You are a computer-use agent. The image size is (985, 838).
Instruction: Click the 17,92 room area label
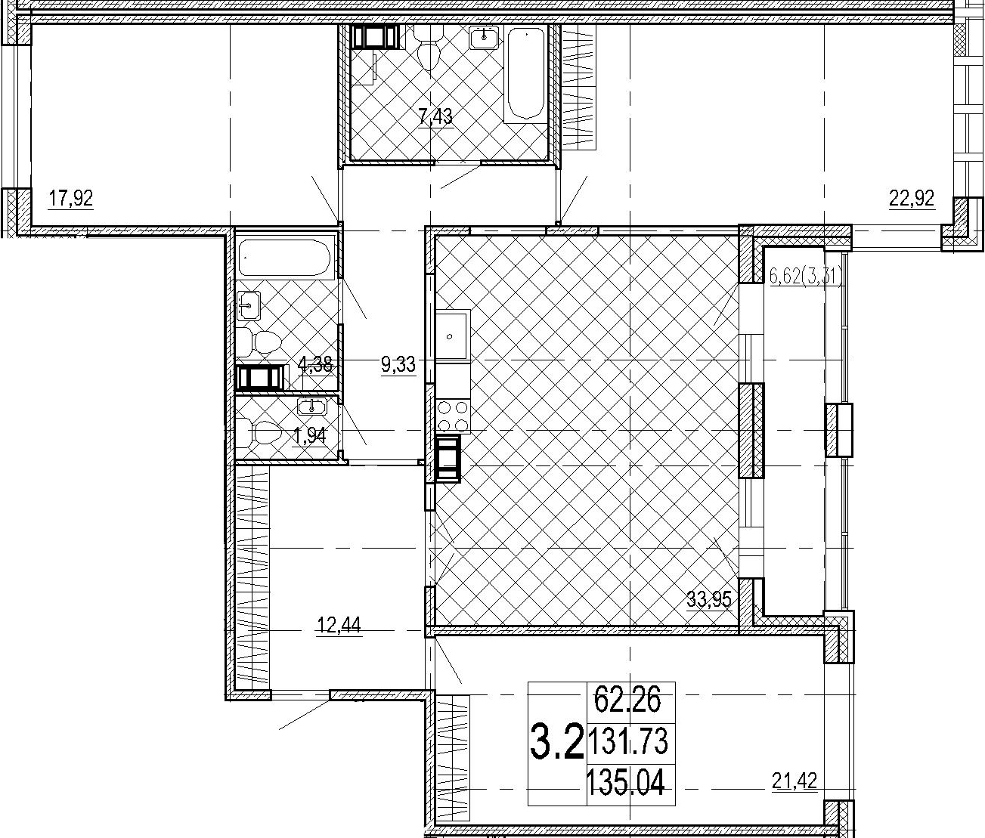71,199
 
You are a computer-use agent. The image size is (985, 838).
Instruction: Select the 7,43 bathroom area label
435,116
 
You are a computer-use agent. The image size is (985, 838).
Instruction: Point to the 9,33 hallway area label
398,365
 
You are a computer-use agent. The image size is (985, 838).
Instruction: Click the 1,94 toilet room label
311,435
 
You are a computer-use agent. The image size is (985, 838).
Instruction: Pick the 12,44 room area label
339,625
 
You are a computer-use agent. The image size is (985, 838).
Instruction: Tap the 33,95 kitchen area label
709,599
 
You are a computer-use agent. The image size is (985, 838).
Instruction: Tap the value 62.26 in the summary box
627,700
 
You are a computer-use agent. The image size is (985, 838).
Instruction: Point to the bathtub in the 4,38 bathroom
284,258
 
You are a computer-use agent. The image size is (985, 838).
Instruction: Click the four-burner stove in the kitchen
453,416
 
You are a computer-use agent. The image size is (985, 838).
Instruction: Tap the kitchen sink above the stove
453,336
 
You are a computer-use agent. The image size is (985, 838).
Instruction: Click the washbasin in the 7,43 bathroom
485,37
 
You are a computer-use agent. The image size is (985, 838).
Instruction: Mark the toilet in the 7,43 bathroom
428,48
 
